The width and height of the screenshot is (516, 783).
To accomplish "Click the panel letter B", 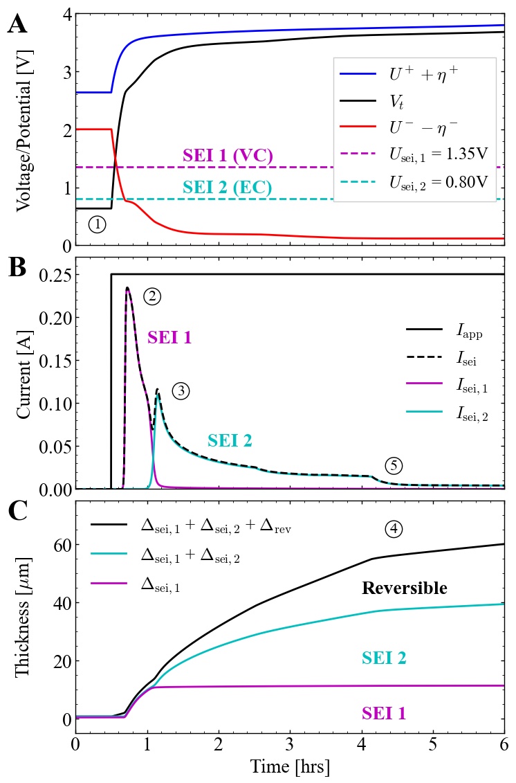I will tap(17, 268).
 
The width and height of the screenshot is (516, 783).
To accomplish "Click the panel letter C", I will tap(17, 512).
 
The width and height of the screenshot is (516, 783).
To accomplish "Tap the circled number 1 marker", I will tap(98, 224).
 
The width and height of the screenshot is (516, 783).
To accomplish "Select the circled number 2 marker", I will tap(152, 296).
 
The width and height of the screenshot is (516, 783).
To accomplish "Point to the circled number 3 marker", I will tap(181, 391).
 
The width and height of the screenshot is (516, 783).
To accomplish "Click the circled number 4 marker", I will tap(394, 529).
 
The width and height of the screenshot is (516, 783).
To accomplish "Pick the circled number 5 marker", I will tap(394, 466).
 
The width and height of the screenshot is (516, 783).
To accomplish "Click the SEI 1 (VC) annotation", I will tap(228, 156).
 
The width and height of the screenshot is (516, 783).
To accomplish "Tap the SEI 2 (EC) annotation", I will tap(227, 188).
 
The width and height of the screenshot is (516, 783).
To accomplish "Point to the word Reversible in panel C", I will tap(405, 588).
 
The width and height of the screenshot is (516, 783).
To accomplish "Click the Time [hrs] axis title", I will tap(290, 766).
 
